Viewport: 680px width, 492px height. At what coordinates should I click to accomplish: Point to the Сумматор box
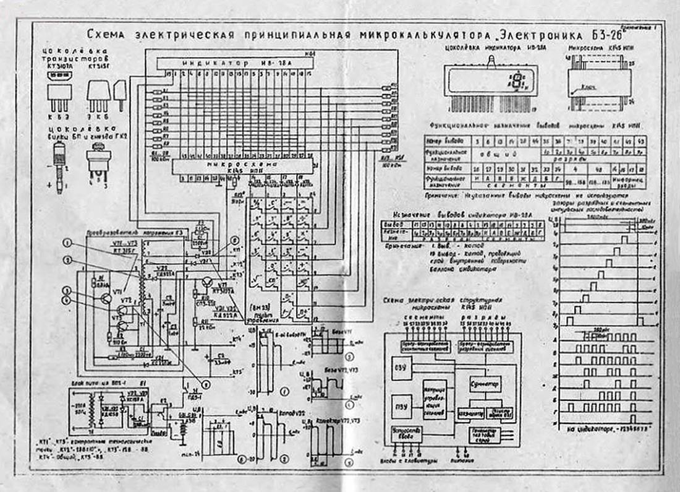485,384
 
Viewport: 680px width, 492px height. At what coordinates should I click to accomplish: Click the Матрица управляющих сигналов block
435,399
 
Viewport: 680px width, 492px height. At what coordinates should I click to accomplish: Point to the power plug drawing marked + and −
60,164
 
